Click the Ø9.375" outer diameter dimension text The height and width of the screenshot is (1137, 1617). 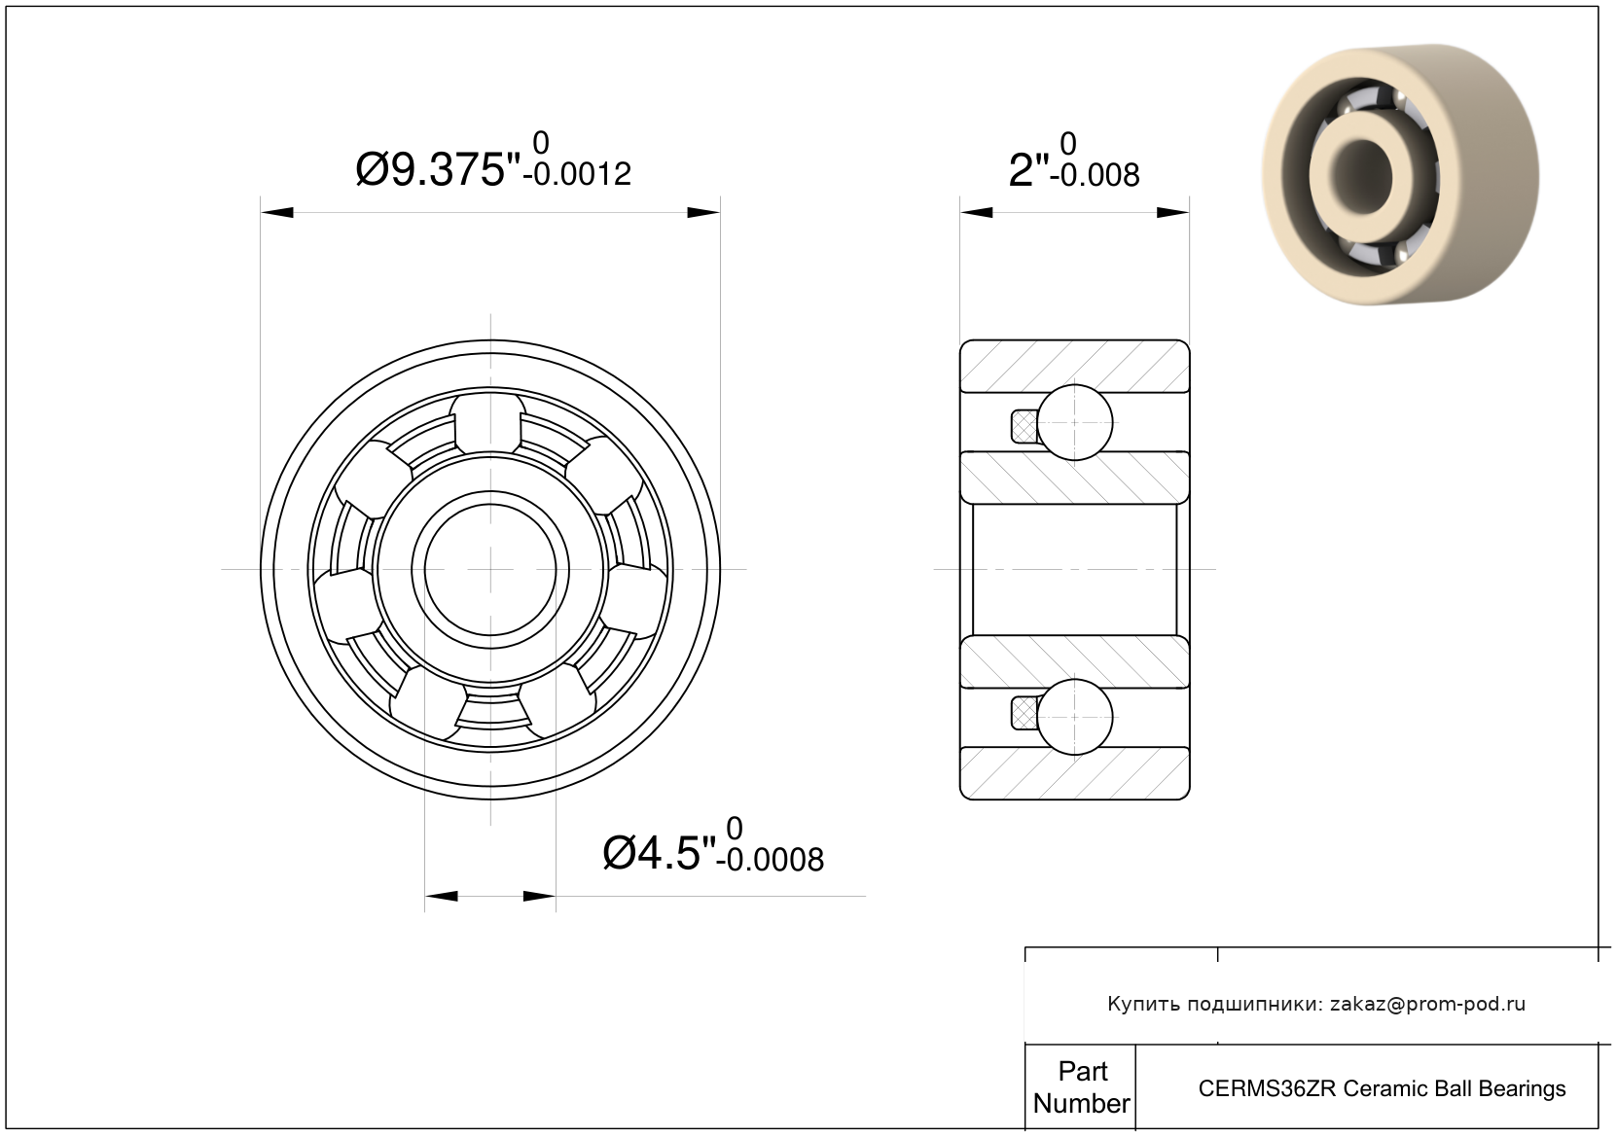[x=438, y=170]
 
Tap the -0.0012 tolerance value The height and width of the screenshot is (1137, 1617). [x=577, y=175]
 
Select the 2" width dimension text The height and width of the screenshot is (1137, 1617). [x=1028, y=170]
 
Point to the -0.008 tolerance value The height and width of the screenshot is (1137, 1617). [x=1095, y=175]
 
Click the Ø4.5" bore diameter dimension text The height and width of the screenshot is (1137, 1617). [x=659, y=853]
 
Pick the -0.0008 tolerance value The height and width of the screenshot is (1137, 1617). [x=770, y=859]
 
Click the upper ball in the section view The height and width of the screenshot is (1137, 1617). [x=1074, y=422]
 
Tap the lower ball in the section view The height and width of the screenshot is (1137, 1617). [x=1074, y=717]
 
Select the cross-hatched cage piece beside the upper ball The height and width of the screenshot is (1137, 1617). [x=1024, y=426]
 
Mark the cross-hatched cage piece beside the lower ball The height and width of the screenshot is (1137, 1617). [x=1024, y=714]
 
